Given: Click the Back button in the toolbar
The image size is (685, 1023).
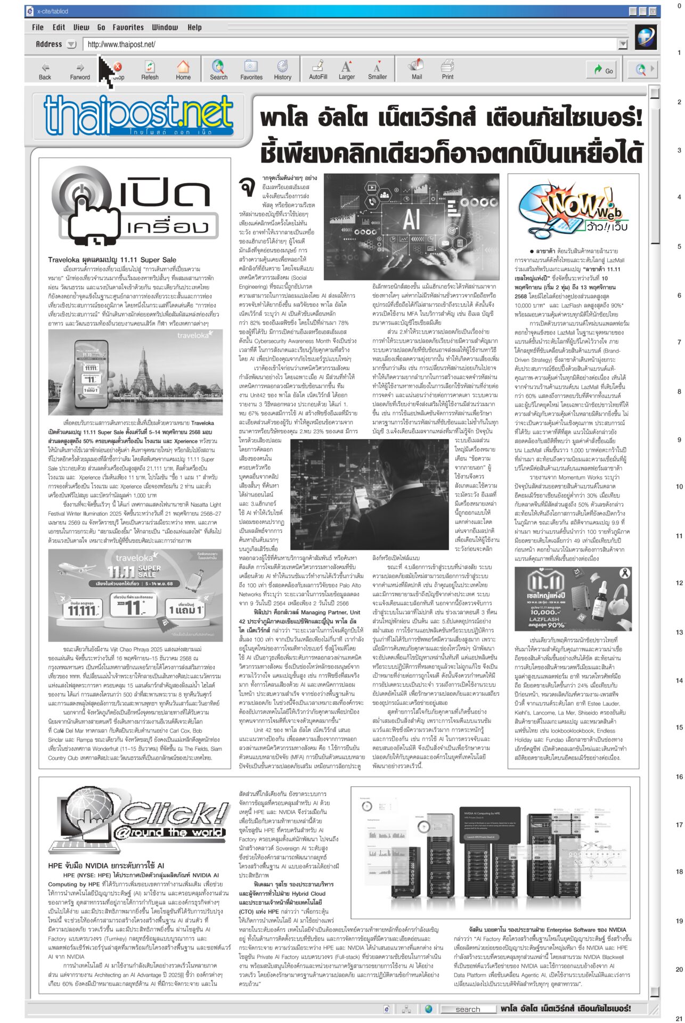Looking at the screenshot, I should (45, 70).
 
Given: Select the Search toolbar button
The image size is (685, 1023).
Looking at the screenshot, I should (218, 70).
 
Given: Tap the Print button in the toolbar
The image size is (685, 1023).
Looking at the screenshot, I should (447, 70).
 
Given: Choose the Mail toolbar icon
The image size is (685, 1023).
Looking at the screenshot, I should (416, 70).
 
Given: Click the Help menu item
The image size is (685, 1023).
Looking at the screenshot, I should (194, 27).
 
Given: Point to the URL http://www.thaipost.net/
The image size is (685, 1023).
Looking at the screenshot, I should (121, 45).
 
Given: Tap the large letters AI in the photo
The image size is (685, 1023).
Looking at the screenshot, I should (411, 217).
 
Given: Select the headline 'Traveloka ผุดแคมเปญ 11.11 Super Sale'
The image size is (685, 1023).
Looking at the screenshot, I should (112, 260).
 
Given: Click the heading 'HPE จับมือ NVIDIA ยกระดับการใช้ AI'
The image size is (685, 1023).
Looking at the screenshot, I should (106, 866).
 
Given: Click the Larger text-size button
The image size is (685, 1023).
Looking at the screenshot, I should (346, 70).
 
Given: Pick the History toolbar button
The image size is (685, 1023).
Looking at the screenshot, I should (282, 70).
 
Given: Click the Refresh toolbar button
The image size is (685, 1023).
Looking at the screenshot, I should (150, 70).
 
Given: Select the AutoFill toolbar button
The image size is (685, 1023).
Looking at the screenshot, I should (318, 70).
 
